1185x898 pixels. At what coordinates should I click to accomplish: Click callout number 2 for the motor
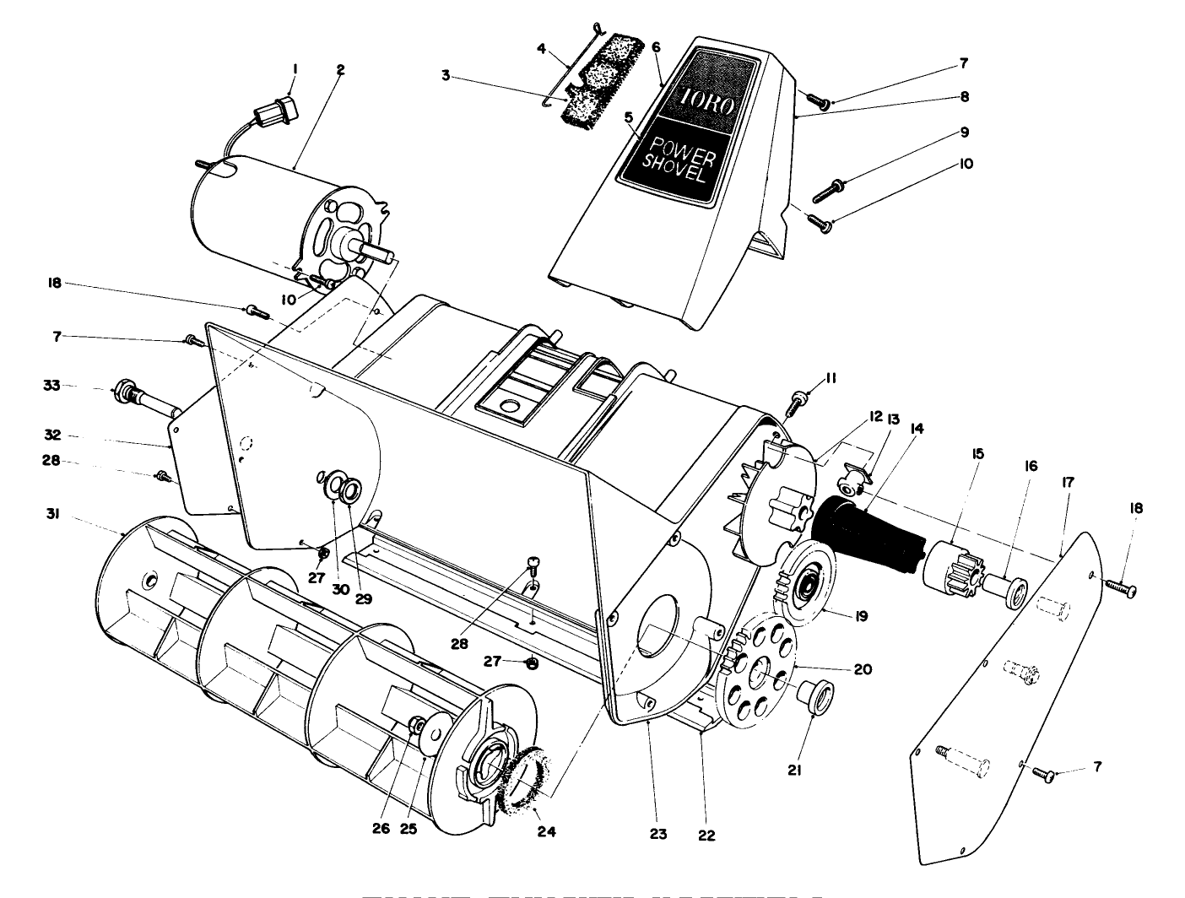coord(340,71)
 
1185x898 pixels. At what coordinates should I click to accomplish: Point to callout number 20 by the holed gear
coord(863,669)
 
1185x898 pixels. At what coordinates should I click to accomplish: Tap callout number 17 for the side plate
coord(1068,483)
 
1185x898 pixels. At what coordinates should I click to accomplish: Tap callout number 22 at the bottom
coord(706,835)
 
